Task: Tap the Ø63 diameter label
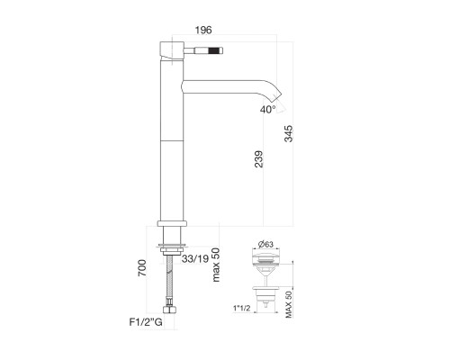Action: coord(267,242)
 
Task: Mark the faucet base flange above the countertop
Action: coord(171,223)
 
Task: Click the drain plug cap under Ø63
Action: coord(268,260)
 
